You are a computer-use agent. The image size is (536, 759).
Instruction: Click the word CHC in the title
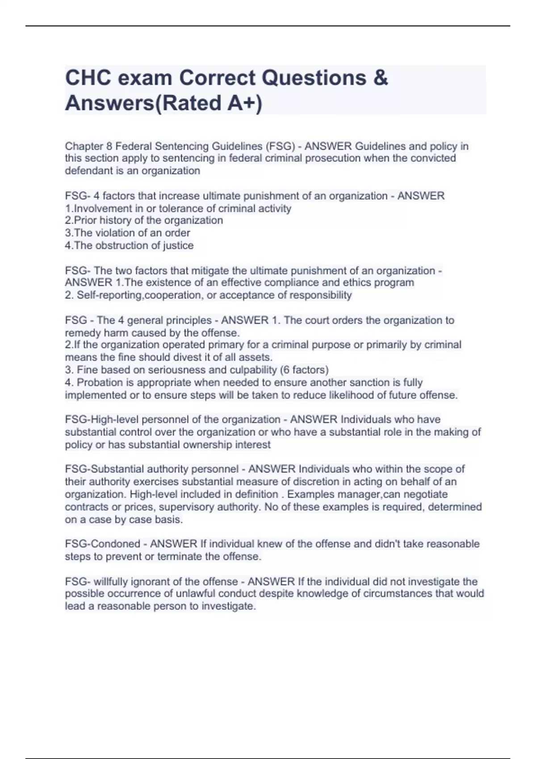[x=88, y=78]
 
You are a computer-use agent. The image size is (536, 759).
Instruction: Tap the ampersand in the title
[x=380, y=78]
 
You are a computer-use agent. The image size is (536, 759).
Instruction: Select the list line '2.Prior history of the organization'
[x=144, y=220]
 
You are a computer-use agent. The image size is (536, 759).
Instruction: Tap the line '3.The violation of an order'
[x=127, y=233]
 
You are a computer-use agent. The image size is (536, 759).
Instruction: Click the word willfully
[x=112, y=581]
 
